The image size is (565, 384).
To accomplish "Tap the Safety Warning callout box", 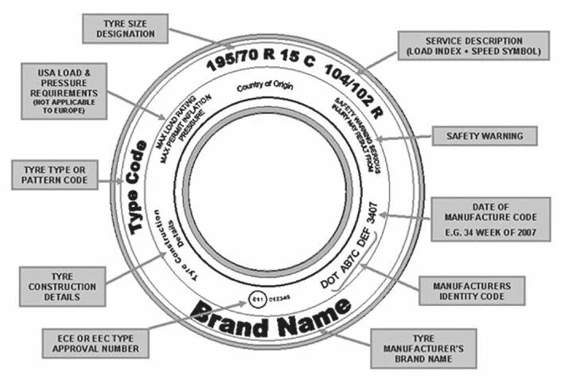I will click(x=484, y=135).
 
